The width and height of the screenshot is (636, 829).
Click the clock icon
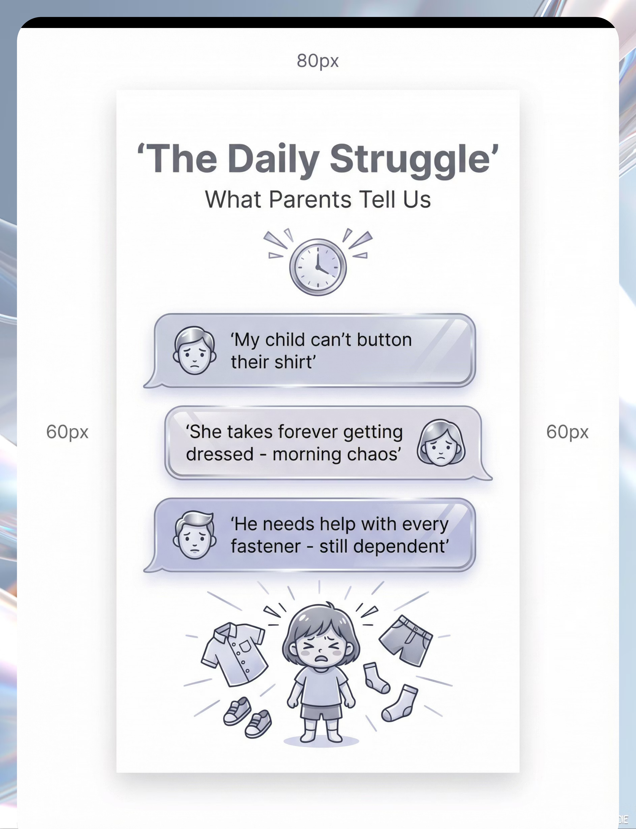(318, 267)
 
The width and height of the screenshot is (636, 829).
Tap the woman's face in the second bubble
(441, 443)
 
